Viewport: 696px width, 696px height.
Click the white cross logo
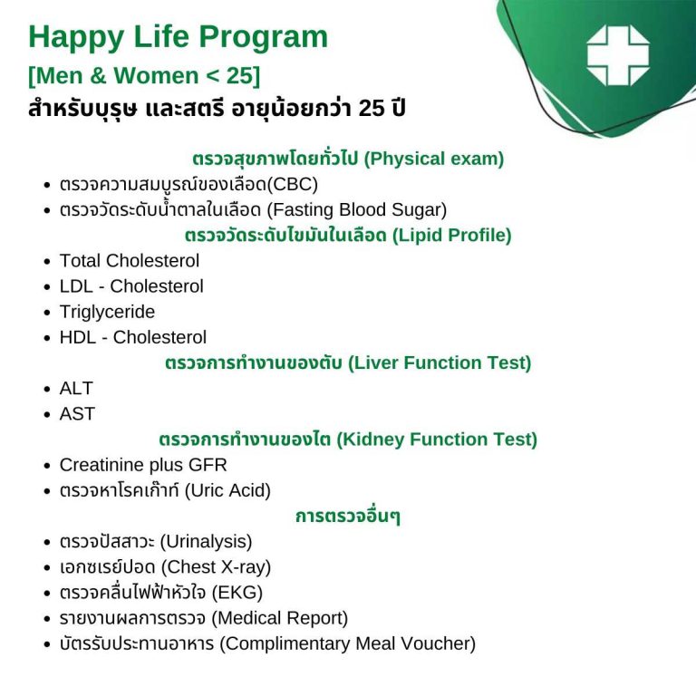pos(618,55)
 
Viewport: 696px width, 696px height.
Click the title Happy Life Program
pos(178,37)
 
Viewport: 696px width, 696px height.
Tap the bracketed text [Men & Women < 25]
pos(144,76)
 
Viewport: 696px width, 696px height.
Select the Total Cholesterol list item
pos(130,261)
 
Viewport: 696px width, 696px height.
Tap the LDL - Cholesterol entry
pos(131,286)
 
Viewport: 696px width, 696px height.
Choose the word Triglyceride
pos(107,312)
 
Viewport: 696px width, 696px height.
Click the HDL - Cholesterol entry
pos(133,337)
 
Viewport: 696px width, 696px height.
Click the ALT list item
pos(76,388)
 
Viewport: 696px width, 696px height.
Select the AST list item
pos(77,413)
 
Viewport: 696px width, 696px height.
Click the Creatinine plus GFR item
pos(143,465)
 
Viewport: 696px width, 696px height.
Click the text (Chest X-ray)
pos(216,567)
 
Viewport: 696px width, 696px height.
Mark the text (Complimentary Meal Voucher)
pos(347,644)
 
